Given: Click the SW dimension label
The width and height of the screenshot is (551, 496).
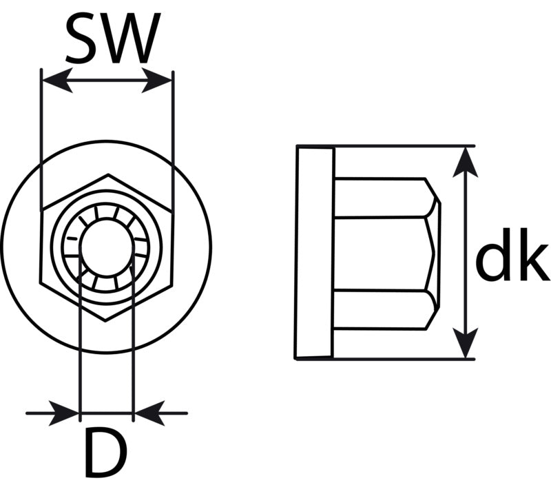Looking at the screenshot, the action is tap(113, 39).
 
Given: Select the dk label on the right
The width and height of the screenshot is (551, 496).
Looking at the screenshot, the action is tap(512, 254).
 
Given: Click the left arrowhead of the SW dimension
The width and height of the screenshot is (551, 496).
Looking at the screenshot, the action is tap(57, 81).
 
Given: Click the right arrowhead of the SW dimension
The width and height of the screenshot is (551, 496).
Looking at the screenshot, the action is tap(157, 81).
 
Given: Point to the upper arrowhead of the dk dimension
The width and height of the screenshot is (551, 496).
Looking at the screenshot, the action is tap(466, 163).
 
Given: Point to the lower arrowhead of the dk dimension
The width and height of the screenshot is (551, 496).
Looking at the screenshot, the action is tap(466, 343).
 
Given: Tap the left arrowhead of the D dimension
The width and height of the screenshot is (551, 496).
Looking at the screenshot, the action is tap(64, 413).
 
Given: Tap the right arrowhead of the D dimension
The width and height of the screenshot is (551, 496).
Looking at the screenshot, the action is tap(149, 413).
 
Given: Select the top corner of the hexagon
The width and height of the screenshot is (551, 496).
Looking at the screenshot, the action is tap(108, 174).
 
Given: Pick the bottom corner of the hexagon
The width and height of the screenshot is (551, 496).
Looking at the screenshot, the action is tap(105, 320).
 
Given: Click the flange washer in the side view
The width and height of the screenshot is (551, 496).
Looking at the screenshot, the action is tap(314, 252).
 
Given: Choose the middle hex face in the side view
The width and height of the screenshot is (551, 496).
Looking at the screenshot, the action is tap(383, 254).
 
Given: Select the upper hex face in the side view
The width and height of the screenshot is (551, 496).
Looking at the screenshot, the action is tap(386, 198).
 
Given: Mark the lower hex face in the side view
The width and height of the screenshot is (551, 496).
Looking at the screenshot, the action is tap(386, 309).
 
